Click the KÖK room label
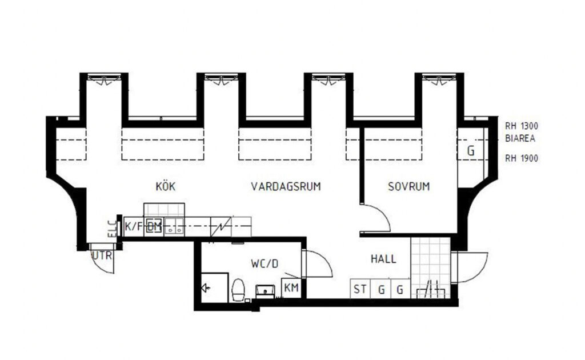165,186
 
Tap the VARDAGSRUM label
285,186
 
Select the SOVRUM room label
408,186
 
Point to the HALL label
383,259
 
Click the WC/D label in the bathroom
264,264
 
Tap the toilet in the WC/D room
238,289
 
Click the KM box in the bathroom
290,289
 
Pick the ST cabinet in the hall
360,289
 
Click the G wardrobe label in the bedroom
471,151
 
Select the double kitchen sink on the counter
174,227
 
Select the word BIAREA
519,138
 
